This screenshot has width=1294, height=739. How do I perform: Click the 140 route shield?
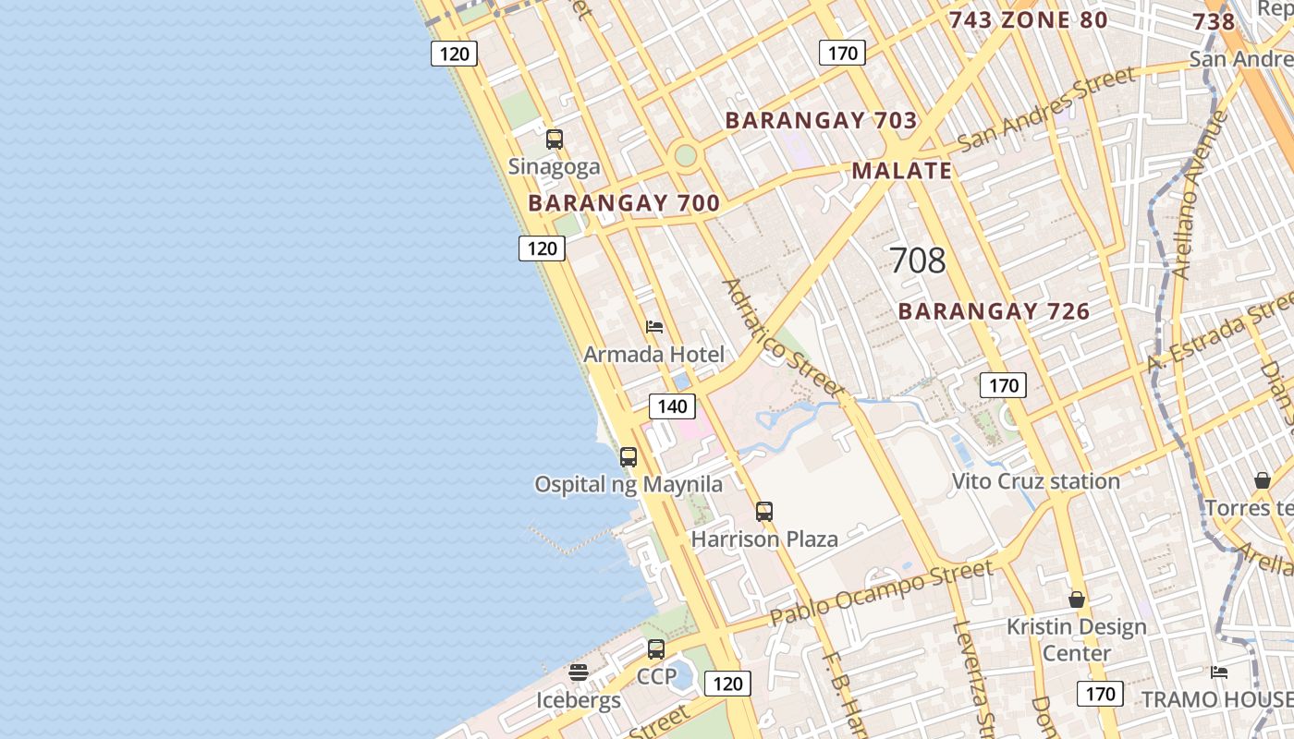click(672, 406)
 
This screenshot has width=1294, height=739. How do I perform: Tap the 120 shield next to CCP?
click(727, 684)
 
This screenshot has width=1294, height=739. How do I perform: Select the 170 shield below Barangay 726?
click(1003, 385)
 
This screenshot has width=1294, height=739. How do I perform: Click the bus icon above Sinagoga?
click(555, 139)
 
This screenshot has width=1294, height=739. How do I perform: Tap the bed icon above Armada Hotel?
click(654, 327)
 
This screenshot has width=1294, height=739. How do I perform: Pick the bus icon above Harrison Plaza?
click(764, 511)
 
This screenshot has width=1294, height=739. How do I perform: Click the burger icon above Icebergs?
click(579, 672)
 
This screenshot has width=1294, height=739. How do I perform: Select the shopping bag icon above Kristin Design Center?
click(1077, 600)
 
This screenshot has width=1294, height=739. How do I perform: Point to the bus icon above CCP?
click(656, 648)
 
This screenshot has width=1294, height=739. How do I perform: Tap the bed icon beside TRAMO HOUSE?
click(1219, 672)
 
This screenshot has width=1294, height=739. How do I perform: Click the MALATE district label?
click(901, 171)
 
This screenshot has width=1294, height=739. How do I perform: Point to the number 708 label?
click(918, 260)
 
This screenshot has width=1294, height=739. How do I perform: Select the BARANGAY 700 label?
click(624, 203)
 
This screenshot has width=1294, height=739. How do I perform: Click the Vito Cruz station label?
click(1035, 481)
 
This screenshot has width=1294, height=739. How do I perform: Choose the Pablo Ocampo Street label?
click(881, 590)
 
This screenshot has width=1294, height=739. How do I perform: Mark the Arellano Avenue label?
click(1199, 196)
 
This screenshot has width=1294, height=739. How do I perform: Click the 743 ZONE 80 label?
click(1028, 19)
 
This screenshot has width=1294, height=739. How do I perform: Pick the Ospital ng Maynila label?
click(629, 484)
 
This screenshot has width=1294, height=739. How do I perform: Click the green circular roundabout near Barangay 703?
click(685, 154)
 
